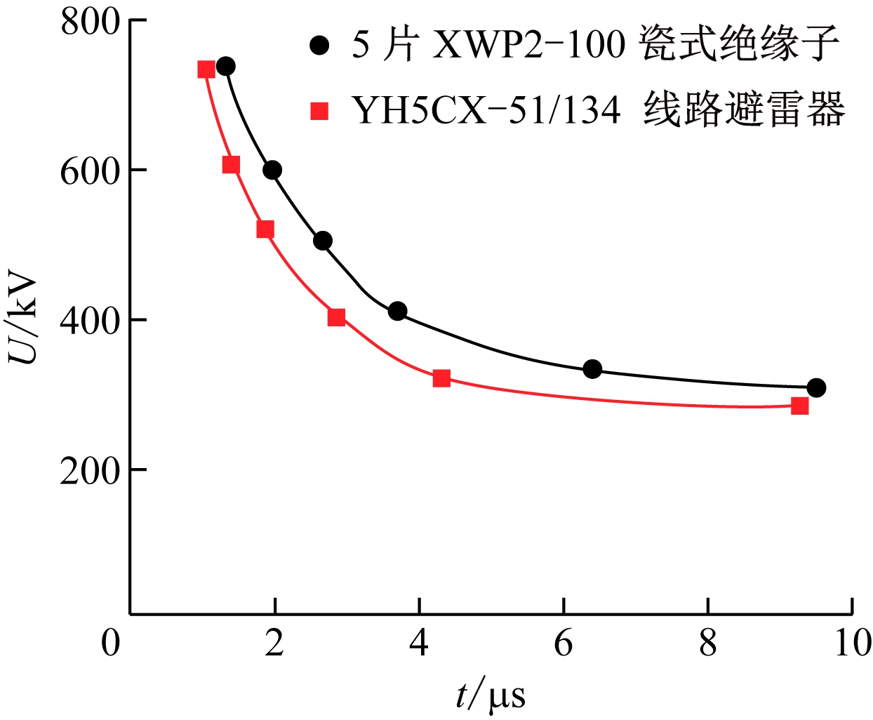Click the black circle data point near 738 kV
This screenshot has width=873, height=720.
[x=225, y=67]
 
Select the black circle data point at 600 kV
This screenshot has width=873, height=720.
[x=272, y=170]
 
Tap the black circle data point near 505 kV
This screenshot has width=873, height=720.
[x=322, y=241]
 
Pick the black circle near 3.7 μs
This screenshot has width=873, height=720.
[x=397, y=311]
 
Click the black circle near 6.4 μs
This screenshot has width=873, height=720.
[x=592, y=368]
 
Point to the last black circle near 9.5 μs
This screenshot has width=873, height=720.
[x=816, y=387]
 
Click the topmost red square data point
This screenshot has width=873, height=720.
[x=206, y=69]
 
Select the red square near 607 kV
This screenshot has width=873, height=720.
[x=231, y=165]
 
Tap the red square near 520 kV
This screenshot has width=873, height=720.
[x=265, y=229]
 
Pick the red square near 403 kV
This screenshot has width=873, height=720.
[x=336, y=317]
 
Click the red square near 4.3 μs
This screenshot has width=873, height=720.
[x=441, y=378]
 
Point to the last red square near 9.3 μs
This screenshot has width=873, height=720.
[x=799, y=406]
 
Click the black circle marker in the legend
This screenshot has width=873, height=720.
[x=320, y=46]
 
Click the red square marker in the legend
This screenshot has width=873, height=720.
[x=320, y=111]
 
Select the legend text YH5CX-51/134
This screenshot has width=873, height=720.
[x=486, y=110]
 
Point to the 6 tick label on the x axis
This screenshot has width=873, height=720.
[x=564, y=642]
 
